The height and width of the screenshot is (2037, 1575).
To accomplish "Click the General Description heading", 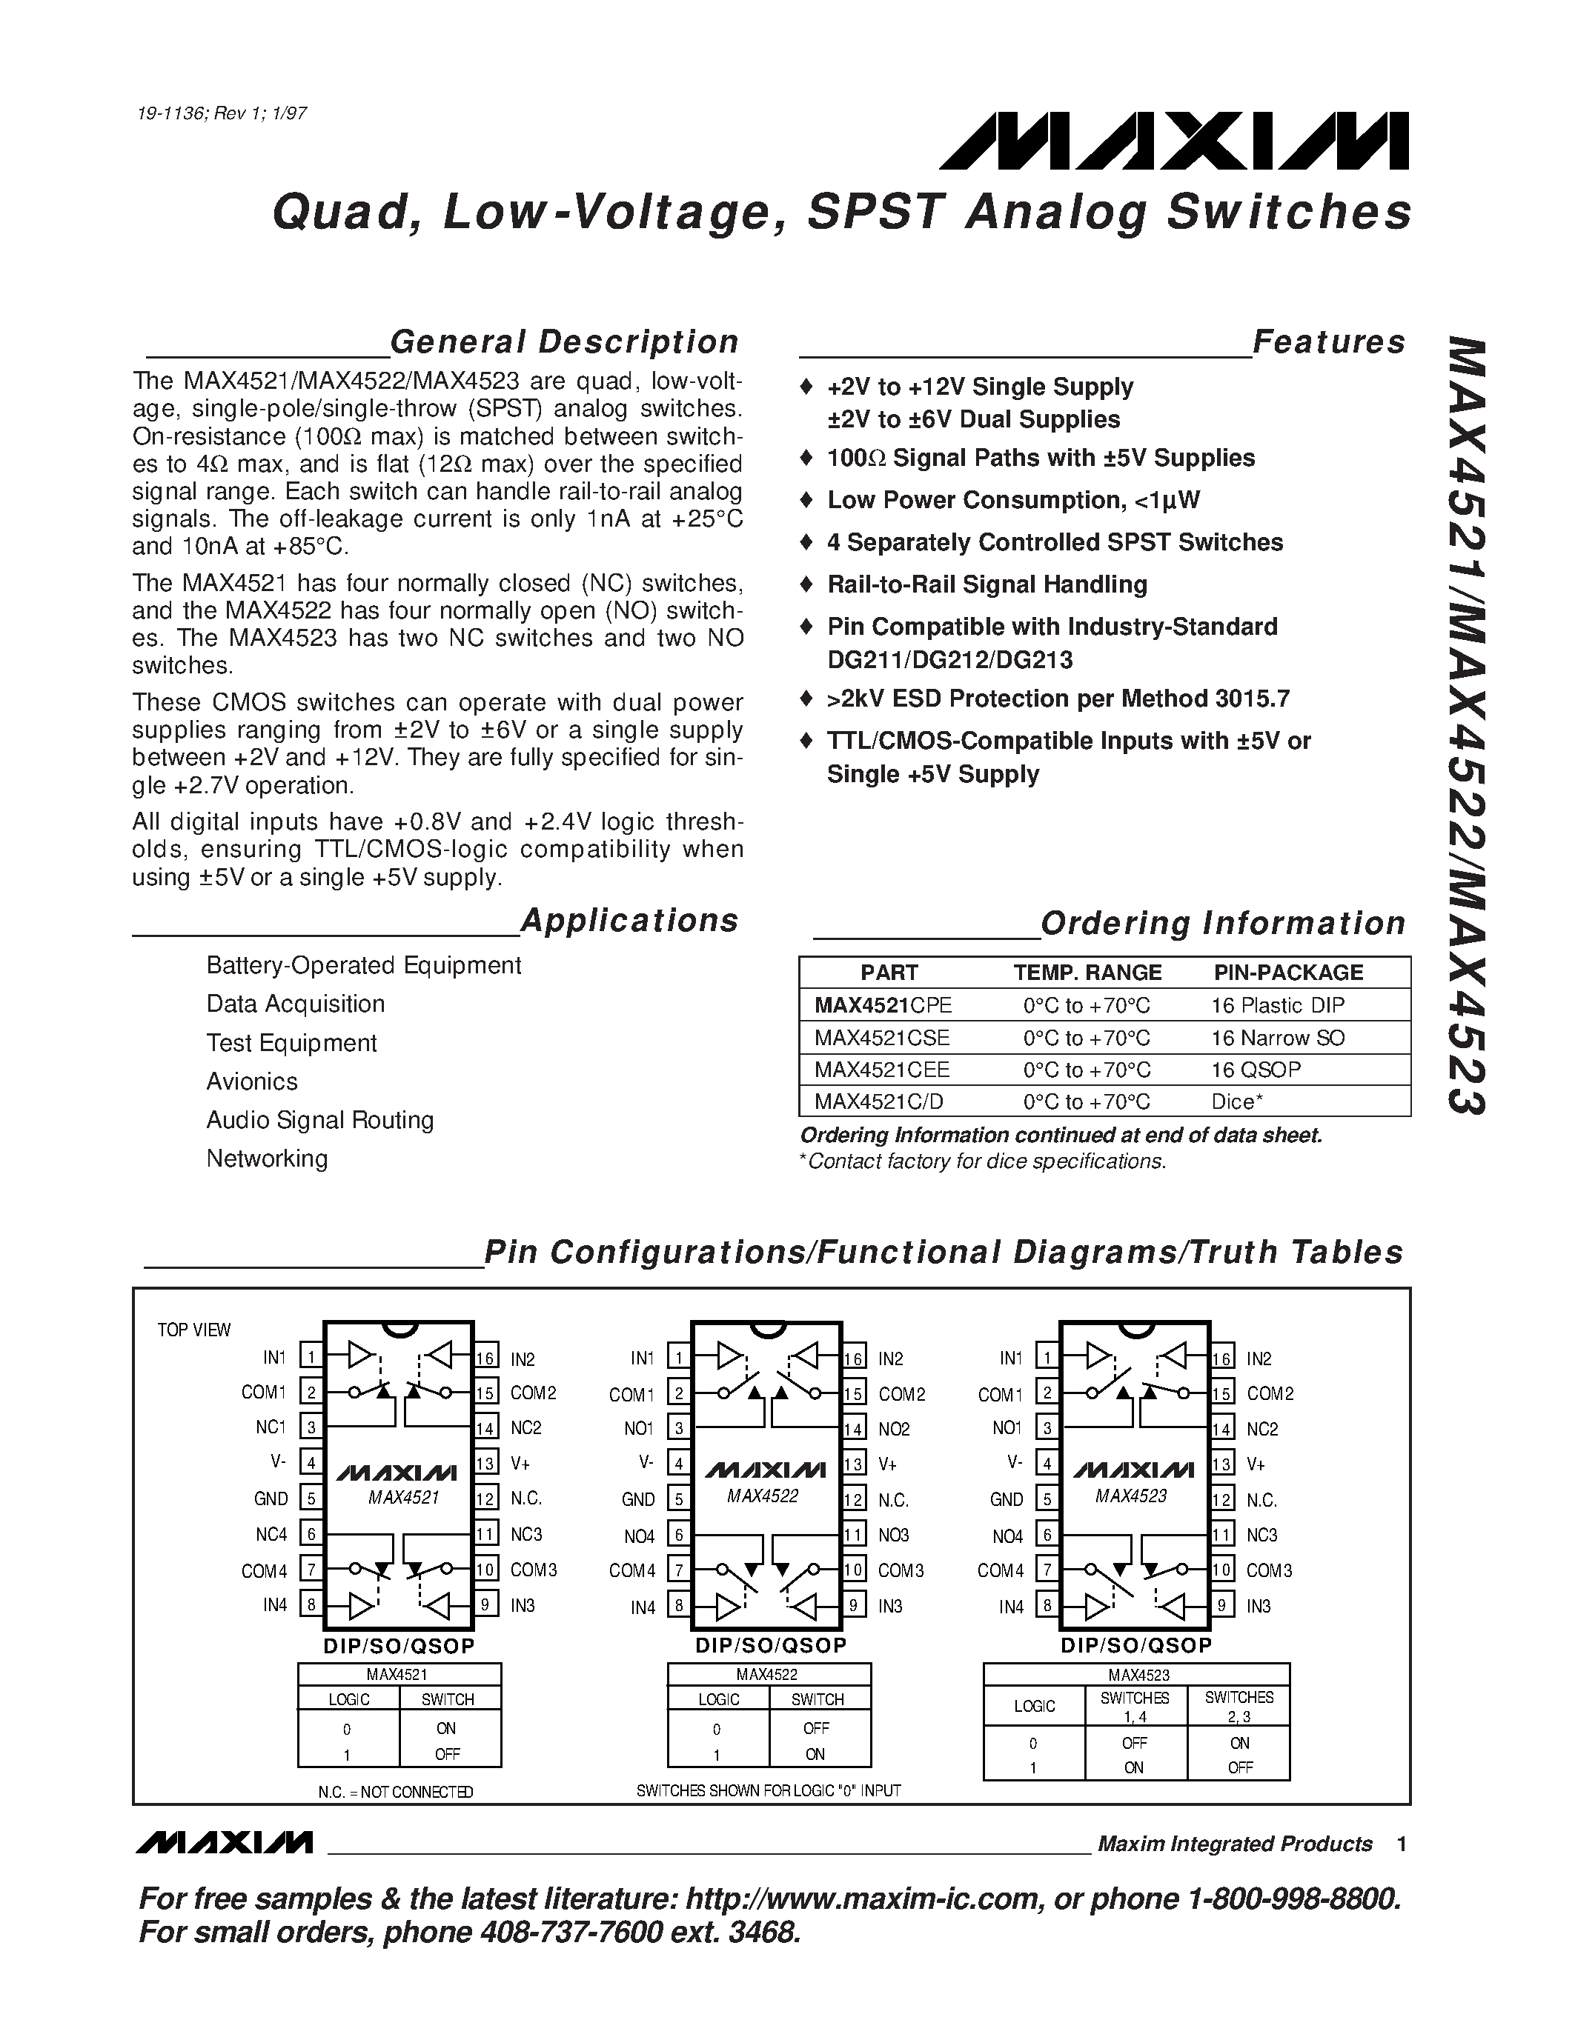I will [563, 342].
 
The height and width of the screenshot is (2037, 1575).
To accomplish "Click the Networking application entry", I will [267, 1159].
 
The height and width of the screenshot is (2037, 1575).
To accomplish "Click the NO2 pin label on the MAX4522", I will [893, 1429].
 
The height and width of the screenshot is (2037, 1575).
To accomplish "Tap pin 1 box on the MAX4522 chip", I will [679, 1358].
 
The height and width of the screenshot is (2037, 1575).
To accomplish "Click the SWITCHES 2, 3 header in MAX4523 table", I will [1239, 1706].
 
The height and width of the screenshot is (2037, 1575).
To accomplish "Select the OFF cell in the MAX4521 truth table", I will [447, 1754].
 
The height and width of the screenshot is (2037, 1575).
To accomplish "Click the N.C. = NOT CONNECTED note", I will [396, 1792].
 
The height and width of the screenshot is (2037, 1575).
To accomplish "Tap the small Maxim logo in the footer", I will [224, 1843].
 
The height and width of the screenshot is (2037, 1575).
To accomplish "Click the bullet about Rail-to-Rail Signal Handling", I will [987, 584].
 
